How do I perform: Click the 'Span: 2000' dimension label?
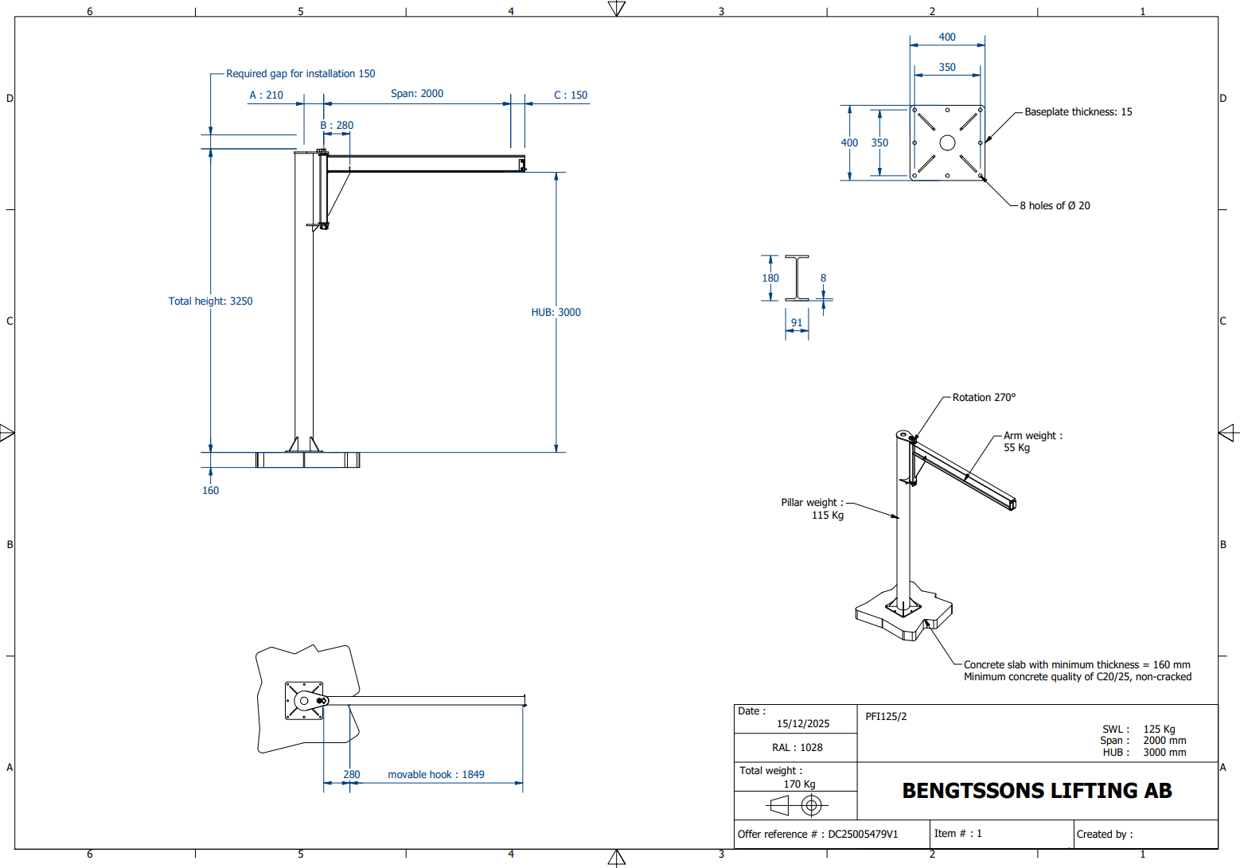click(x=417, y=94)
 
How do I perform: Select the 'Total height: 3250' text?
click(x=210, y=301)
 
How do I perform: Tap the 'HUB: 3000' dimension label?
click(x=556, y=312)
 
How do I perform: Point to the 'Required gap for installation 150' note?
click(x=301, y=73)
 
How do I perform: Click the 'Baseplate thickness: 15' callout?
click(x=1078, y=111)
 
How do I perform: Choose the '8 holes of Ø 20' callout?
click(x=1055, y=206)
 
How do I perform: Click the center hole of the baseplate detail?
click(x=947, y=142)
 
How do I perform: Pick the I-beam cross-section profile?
click(x=797, y=278)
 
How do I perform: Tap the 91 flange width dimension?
click(x=797, y=322)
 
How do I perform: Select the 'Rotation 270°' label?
click(x=984, y=397)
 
